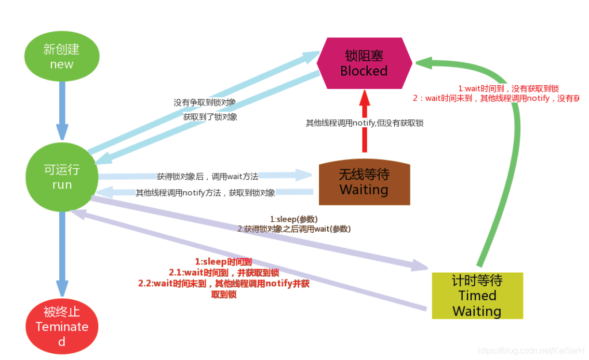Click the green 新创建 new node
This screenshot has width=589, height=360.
62,57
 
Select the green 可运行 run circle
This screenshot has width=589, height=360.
62,177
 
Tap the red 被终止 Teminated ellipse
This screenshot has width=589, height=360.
62,326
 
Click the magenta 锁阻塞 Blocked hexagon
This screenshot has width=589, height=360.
364,63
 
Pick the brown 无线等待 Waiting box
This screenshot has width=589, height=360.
364,182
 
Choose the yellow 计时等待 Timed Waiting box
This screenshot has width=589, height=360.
477,296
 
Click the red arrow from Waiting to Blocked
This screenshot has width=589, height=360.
365,122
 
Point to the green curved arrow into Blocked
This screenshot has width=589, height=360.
512,156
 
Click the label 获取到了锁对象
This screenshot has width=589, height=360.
210,117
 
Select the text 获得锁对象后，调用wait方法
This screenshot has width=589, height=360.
207,177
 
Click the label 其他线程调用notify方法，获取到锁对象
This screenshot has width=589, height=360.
205,193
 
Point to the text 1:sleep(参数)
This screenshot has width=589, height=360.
294,219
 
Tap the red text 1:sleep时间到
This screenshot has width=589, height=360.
223,262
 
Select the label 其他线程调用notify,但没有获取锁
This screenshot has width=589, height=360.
364,123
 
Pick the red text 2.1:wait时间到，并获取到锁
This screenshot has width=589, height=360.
224,272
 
